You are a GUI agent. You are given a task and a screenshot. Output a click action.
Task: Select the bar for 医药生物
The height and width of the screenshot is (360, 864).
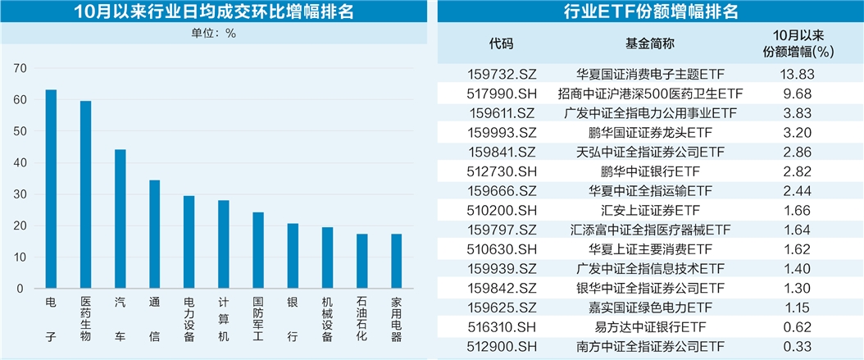pyautogui.click(x=85, y=194)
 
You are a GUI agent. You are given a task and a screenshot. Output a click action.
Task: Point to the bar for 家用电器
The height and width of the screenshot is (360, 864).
pyautogui.click(x=396, y=261)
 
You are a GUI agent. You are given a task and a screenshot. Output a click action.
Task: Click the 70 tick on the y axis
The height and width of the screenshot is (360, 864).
pyautogui.click(x=21, y=68)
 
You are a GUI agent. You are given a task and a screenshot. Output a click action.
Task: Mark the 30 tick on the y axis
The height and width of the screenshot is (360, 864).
pyautogui.click(x=21, y=194)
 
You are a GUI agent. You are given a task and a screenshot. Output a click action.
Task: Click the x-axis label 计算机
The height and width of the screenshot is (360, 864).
pyautogui.click(x=223, y=320)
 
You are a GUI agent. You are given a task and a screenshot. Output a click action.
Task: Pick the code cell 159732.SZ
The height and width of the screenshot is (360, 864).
pyautogui.click(x=501, y=74)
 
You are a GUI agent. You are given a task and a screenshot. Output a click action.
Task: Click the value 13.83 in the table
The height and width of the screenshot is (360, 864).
pyautogui.click(x=793, y=74)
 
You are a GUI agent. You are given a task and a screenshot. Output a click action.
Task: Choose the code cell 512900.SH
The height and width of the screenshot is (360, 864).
pyautogui.click(x=501, y=348)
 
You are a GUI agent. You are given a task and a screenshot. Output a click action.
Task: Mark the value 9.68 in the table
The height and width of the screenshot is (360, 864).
pyautogui.click(x=793, y=93)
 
